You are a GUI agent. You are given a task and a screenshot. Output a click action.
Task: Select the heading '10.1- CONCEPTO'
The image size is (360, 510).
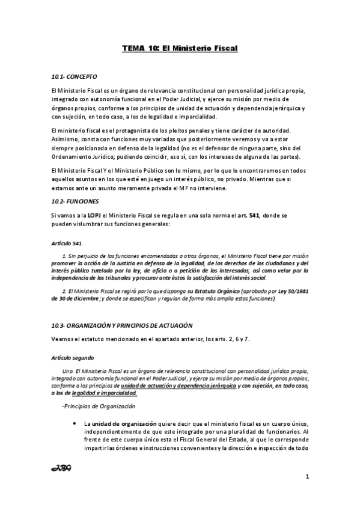pos(73,78)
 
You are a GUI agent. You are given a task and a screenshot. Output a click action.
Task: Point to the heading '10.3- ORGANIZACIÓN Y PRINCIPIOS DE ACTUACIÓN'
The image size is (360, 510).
pos(122,325)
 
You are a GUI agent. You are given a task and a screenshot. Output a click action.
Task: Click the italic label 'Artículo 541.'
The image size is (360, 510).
pos(67,244)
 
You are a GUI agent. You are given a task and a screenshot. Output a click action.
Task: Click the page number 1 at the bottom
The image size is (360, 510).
pos(307,478)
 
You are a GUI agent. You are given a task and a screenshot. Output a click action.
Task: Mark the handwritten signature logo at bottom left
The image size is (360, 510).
pos(62,469)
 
